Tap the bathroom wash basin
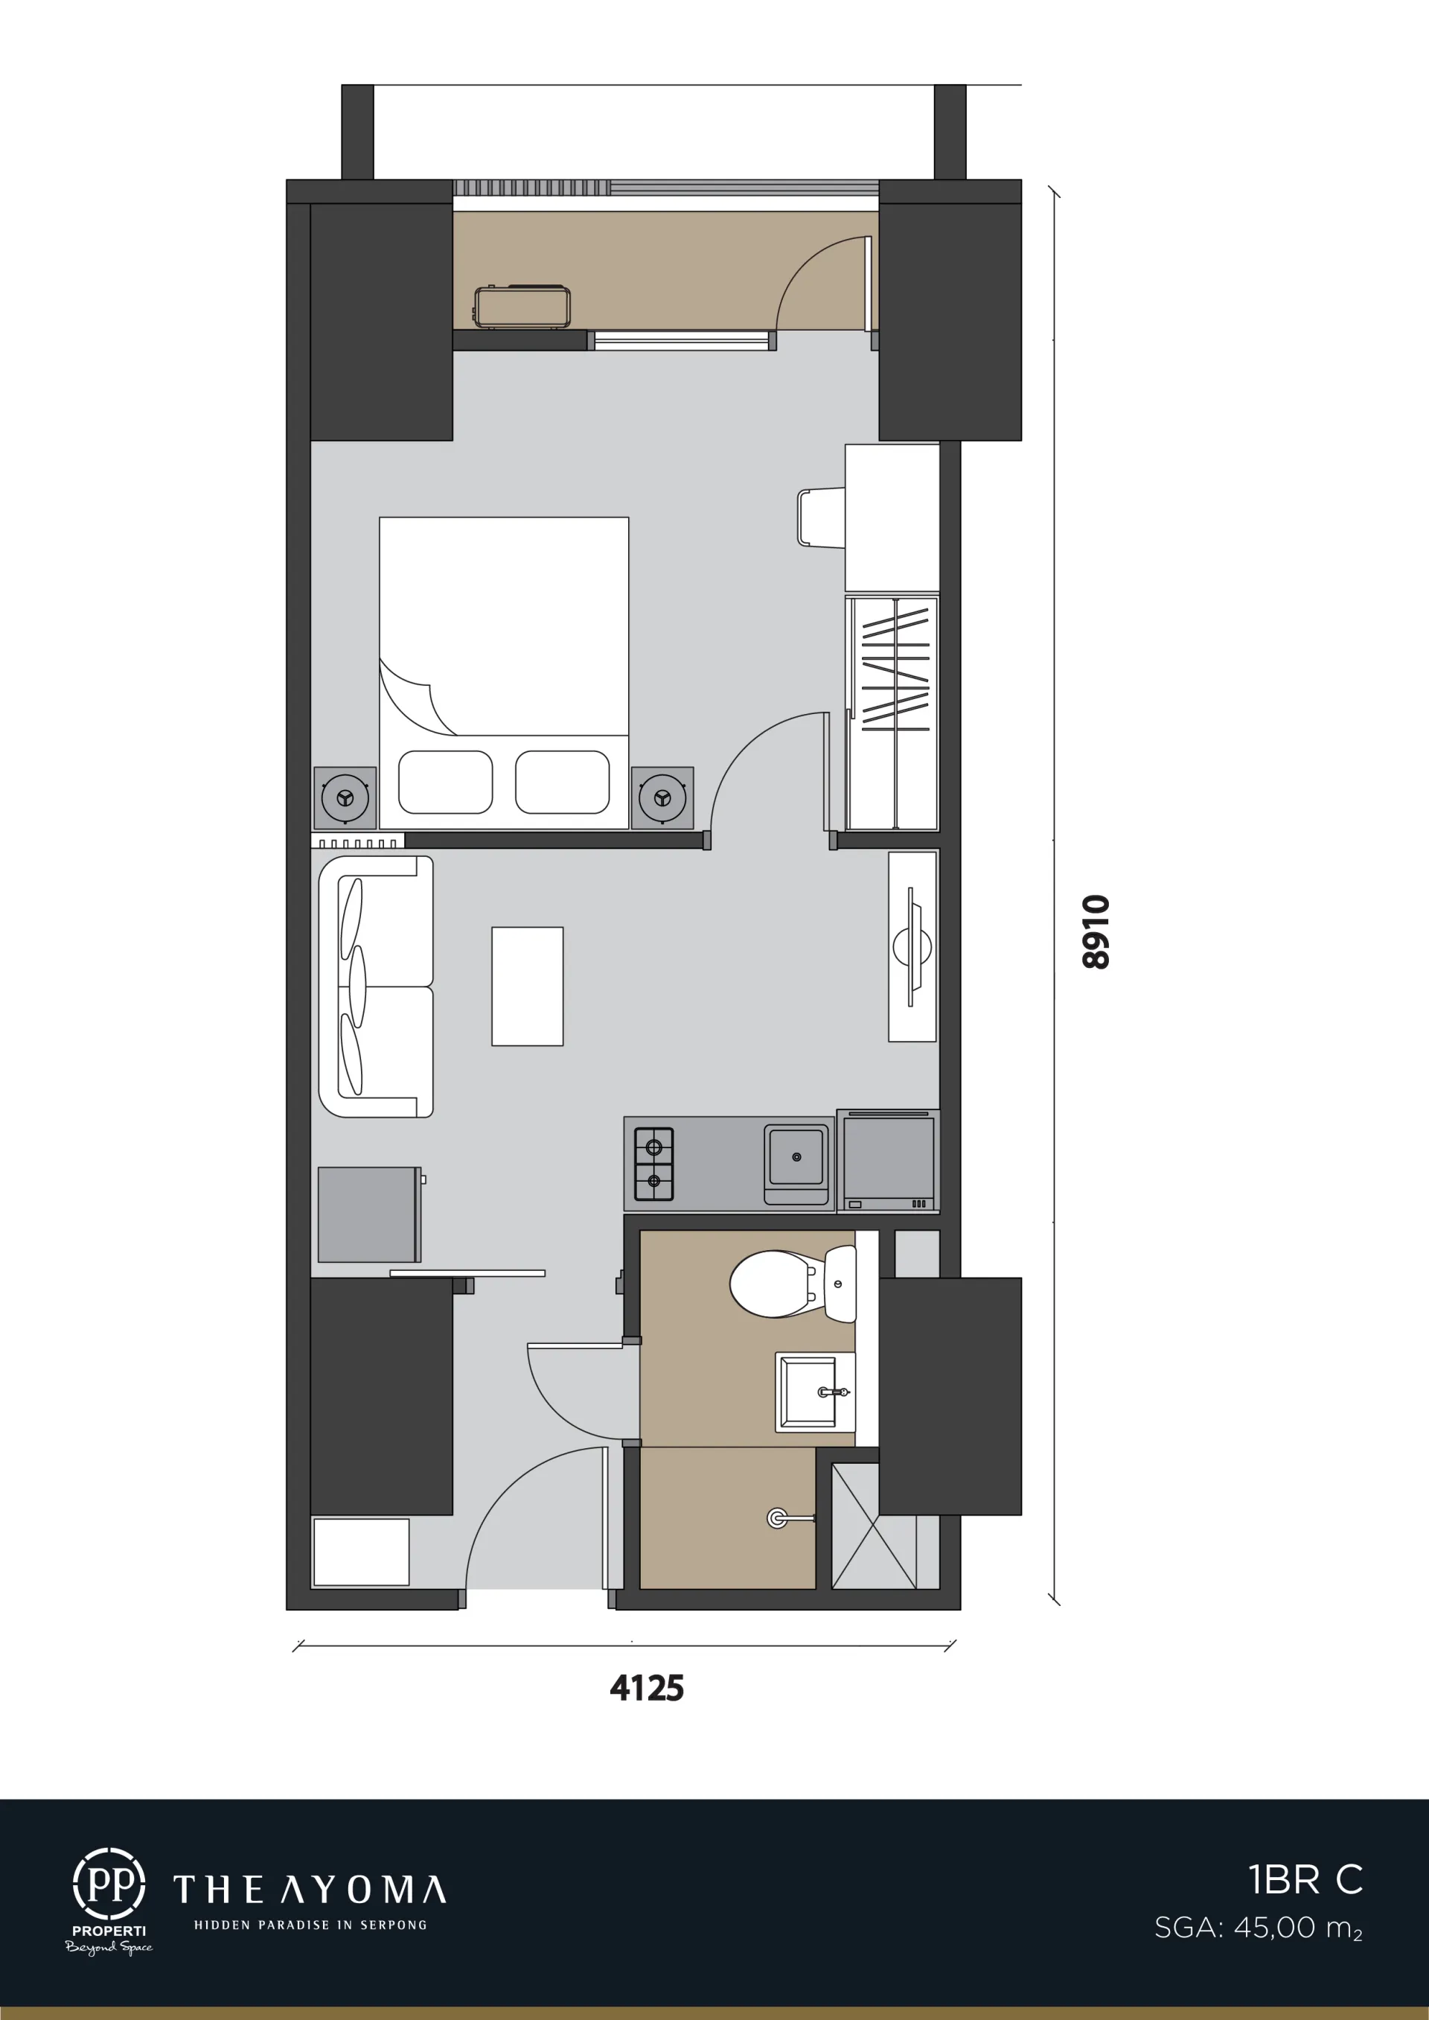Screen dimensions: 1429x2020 pos(815,1392)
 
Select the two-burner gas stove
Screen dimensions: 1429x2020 pos(653,1164)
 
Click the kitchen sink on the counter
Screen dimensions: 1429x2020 pos(796,1164)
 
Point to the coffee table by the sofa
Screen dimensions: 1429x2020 pos(527,986)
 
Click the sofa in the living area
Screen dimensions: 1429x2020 pos(376,987)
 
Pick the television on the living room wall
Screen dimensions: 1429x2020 pos(912,946)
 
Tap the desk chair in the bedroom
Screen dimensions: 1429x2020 pos(821,517)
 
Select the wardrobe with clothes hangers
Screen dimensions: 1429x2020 pos(892,713)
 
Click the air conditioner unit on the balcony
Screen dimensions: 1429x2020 pos(522,306)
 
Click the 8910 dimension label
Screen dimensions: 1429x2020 pos(1096,932)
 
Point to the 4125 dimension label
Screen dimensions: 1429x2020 pos(647,1687)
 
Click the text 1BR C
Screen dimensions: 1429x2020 pos(1305,1880)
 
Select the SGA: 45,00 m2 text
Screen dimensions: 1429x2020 pos(1259,1928)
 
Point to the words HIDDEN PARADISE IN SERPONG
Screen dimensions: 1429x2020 pos(310,1925)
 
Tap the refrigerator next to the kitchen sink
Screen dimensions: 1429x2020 pos(888,1160)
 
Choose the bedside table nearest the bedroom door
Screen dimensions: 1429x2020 pos(662,797)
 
